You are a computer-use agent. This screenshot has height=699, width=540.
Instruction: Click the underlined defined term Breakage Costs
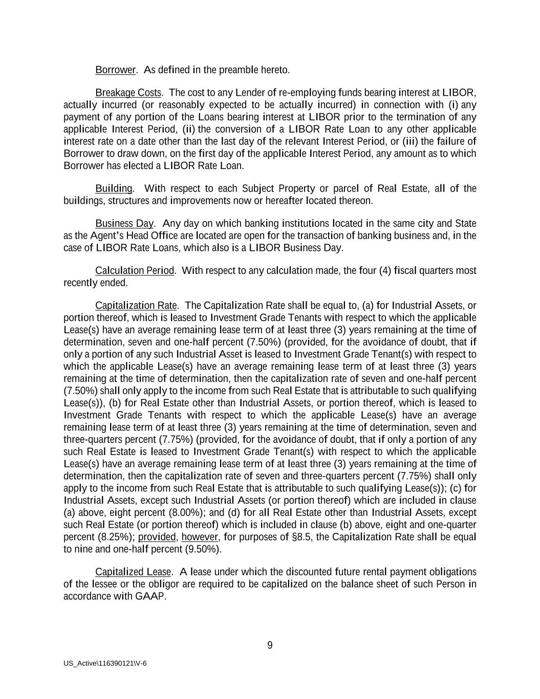(x=128, y=93)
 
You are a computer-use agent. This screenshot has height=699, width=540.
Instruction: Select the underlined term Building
(x=114, y=188)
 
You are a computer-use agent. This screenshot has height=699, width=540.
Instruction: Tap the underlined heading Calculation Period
(x=135, y=270)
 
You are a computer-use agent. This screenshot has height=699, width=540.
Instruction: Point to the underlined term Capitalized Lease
(x=133, y=571)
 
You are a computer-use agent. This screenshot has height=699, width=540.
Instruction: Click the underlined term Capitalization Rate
(x=136, y=306)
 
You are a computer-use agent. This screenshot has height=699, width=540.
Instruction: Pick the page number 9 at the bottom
(x=270, y=645)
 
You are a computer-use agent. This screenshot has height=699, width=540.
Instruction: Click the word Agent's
(x=109, y=236)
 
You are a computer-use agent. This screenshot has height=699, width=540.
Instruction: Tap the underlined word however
(x=200, y=537)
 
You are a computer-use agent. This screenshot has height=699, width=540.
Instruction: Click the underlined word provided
(x=158, y=537)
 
